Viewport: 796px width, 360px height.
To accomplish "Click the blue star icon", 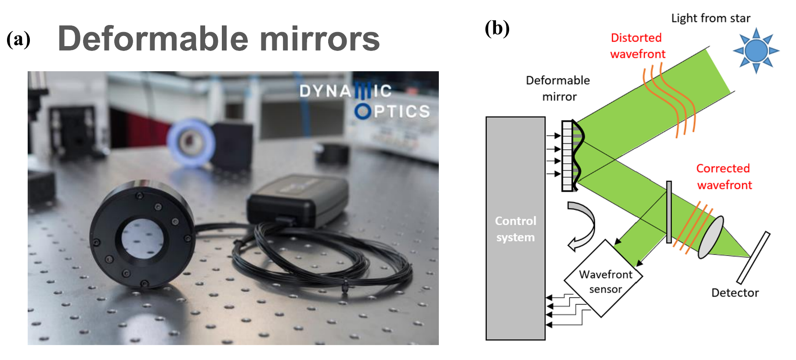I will tap(756, 50).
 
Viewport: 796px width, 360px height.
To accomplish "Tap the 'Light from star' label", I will tap(710, 18).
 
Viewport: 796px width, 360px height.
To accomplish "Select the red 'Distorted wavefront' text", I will tap(637, 46).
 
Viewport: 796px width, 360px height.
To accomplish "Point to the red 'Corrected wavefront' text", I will tap(724, 176).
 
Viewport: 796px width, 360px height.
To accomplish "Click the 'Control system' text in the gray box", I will tap(515, 229).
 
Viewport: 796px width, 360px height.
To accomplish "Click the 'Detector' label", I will tap(735, 293).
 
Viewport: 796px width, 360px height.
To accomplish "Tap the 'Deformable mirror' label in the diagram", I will tap(558, 88).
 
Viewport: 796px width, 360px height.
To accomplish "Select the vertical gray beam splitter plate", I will tap(669, 212).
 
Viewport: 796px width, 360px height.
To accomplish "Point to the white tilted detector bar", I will tap(753, 258).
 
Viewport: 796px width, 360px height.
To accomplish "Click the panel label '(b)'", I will tap(497, 29).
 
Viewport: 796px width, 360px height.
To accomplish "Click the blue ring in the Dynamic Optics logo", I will tap(363, 112).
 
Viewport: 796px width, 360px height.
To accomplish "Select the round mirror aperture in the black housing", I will tap(142, 240).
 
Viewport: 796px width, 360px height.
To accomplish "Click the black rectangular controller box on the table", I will tap(299, 200).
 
